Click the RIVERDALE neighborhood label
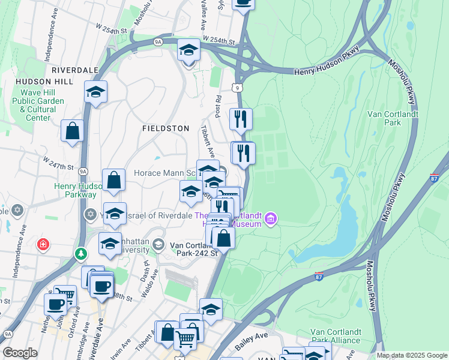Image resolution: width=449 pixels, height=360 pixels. [74, 70]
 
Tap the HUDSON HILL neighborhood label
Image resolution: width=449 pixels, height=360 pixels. [39, 82]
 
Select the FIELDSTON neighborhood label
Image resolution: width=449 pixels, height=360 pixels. [165, 128]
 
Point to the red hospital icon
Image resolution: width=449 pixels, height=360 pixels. [43, 244]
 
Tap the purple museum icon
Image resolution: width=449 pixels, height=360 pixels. [271, 218]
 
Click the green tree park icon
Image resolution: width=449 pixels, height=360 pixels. [80, 254]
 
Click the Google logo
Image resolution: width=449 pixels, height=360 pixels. [20, 353]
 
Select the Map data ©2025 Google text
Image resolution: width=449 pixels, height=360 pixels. [411, 355]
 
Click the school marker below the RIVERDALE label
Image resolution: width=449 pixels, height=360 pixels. [95, 92]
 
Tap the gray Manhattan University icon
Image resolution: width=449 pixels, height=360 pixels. [158, 244]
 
